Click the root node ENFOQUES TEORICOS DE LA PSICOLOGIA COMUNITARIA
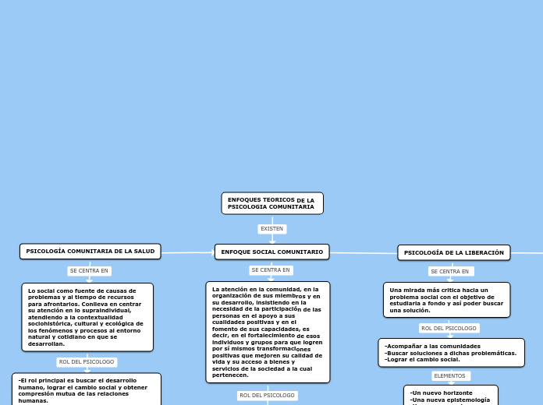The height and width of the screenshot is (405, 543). pyautogui.click(x=271, y=203)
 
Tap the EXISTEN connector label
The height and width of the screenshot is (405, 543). pyautogui.click(x=271, y=229)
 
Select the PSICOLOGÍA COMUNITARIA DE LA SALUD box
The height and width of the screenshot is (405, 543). pyautogui.click(x=90, y=251)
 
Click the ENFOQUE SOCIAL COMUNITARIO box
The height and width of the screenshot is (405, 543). pyautogui.click(x=271, y=252)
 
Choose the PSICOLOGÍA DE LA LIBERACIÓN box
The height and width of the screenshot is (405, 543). pyautogui.click(x=453, y=252)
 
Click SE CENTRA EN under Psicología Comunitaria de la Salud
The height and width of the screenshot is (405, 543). pyautogui.click(x=90, y=271)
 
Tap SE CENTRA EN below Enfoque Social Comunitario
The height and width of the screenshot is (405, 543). pyautogui.click(x=271, y=270)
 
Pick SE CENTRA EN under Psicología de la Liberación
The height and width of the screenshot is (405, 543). pyautogui.click(x=451, y=271)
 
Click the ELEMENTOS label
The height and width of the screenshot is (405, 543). pyautogui.click(x=449, y=375)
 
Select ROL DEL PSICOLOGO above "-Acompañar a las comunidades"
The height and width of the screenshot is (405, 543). pyautogui.click(x=449, y=328)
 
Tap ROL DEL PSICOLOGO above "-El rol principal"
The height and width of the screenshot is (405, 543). pyautogui.click(x=87, y=362)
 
